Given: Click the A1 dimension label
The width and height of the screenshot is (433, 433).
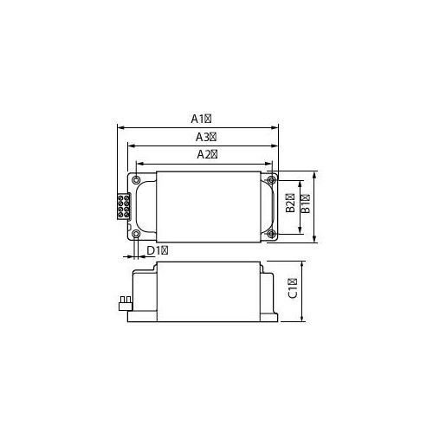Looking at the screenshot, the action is point(201,119).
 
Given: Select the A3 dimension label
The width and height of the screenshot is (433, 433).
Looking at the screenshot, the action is point(206,137).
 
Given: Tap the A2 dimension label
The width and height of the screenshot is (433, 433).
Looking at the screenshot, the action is point(207,155).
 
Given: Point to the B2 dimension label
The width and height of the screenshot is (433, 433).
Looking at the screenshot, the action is point(290,203).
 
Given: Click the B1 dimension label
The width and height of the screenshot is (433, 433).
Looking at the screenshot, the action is point(306,204).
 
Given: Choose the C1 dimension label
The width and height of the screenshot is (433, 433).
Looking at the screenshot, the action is point(293,288).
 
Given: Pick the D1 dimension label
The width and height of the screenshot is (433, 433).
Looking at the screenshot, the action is point(158,250).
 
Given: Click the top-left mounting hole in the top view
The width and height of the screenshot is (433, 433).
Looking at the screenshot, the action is point(136,180).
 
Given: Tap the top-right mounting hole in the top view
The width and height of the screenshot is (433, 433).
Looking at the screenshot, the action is point(271,180).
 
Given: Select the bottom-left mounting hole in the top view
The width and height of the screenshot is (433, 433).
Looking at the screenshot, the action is point(136,234).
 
